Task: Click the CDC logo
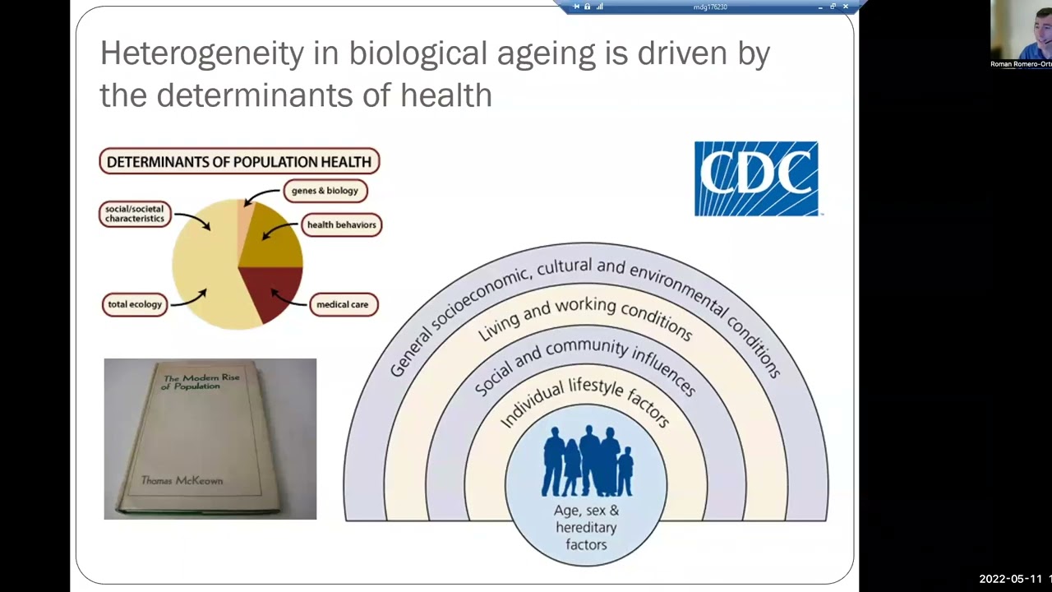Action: click(756, 178)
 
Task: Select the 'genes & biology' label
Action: click(325, 191)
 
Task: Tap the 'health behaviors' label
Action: click(341, 224)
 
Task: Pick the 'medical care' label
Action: click(342, 304)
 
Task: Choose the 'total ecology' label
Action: click(135, 304)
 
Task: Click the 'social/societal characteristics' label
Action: click(135, 214)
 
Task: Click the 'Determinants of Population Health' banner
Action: click(239, 161)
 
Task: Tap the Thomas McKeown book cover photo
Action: click(210, 438)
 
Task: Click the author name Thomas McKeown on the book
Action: click(182, 480)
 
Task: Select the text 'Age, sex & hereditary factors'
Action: click(586, 527)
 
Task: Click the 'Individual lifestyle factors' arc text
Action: click(585, 398)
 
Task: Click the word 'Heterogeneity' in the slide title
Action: click(201, 53)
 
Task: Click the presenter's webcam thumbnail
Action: click(1021, 34)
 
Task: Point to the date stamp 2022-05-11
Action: click(1009, 579)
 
